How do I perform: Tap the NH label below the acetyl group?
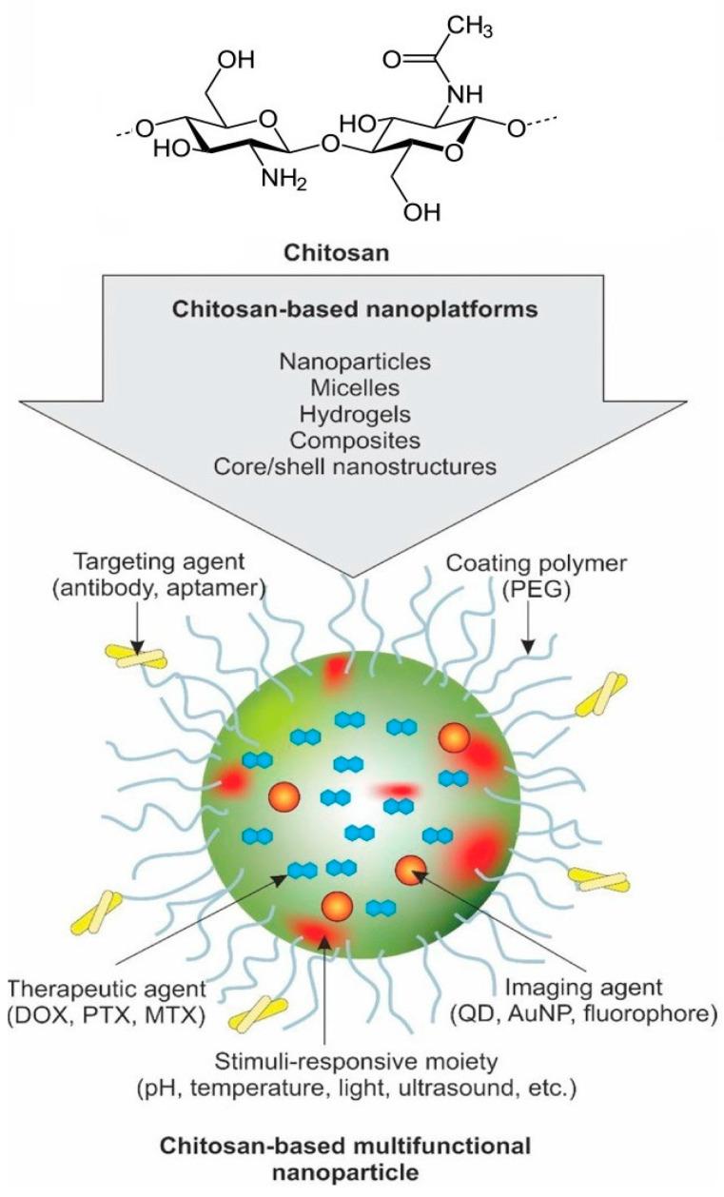[x=461, y=95]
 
